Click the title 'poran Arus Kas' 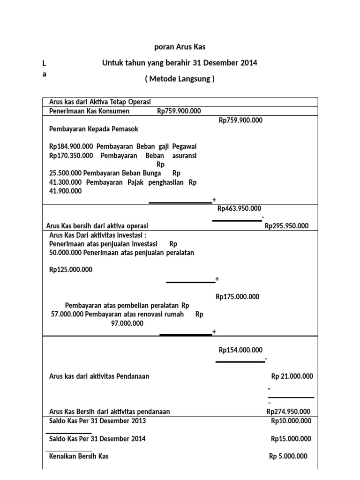click(180, 47)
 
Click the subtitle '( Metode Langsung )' click(180, 79)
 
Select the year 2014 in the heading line click(249, 63)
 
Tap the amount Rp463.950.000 click(240, 209)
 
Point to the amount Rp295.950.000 click(287, 226)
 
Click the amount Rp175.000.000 click(238, 297)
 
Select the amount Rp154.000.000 click(241, 350)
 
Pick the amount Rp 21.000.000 click(292, 376)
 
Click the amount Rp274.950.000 click(288, 412)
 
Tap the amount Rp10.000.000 click(291, 421)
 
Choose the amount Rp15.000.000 click(291, 439)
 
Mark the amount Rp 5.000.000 click(288, 456)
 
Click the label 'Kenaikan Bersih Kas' click(79, 456)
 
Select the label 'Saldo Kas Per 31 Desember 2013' click(97, 421)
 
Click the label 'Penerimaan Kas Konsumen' click(90, 111)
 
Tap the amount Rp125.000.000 click(71, 270)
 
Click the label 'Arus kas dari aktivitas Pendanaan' click(99, 376)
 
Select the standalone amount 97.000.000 click(127, 323)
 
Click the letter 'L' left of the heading click(44, 63)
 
